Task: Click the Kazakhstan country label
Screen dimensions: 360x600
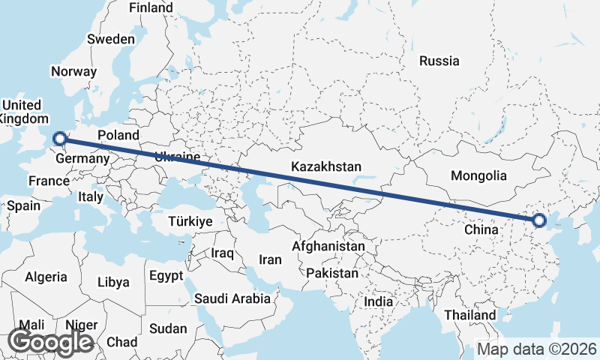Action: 327,166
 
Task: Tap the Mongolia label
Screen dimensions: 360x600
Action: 478,176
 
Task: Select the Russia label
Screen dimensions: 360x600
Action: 439,61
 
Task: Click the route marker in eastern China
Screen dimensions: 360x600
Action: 539,220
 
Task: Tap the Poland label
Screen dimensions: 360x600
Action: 118,135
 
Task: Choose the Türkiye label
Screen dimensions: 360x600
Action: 190,222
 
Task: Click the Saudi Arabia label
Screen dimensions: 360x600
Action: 232,298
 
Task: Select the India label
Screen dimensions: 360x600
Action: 379,301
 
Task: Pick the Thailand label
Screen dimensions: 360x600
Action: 470,315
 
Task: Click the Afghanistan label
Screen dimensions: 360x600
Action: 328,246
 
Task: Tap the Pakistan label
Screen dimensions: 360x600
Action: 332,273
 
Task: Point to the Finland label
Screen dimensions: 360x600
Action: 151,7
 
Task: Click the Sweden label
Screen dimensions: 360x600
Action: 111,39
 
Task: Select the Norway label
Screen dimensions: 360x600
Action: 73,72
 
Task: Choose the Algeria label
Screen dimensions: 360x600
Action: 46,277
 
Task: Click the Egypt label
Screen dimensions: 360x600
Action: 166,276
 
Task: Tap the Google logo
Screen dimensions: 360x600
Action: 50,342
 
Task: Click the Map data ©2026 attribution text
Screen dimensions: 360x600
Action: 538,349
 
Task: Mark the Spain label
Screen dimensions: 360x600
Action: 22,205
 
